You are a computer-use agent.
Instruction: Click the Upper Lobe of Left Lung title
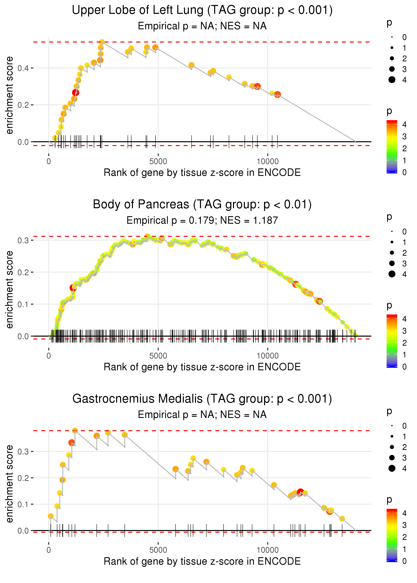pyautogui.click(x=202, y=10)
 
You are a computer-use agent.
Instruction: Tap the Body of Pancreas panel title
pyautogui.click(x=202, y=205)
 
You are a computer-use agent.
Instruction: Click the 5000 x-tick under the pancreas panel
pyautogui.click(x=158, y=356)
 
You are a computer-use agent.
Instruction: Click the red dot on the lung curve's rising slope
pyautogui.click(x=76, y=93)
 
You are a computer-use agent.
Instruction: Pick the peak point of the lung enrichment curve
pyautogui.click(x=102, y=42)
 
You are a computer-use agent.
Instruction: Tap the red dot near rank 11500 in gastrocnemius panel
pyautogui.click(x=300, y=492)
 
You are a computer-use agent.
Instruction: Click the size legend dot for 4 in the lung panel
pyautogui.click(x=392, y=80)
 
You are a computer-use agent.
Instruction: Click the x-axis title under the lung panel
pyautogui.click(x=202, y=173)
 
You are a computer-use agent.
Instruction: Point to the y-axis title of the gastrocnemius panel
pyautogui.click(x=10, y=484)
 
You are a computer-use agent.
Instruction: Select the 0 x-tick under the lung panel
pyautogui.click(x=49, y=162)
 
